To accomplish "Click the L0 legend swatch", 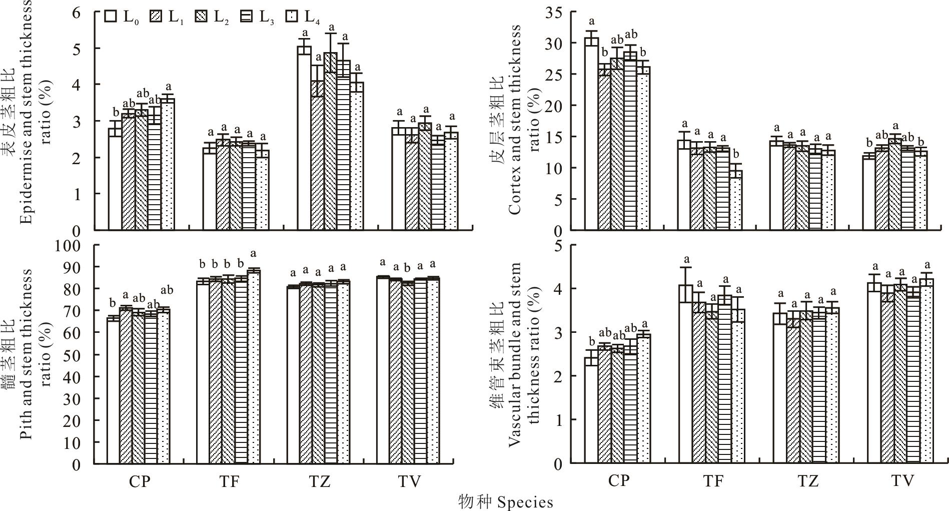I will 111,16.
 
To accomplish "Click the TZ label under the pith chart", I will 320,482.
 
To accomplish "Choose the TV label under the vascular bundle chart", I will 902,481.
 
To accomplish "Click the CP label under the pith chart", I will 139,482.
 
